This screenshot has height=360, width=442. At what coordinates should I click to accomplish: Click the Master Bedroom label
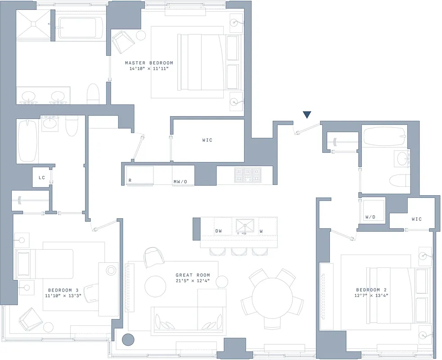(149, 63)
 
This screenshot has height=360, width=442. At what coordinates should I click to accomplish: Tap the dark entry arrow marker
(307, 115)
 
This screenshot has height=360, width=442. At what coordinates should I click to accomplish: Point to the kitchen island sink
(245, 226)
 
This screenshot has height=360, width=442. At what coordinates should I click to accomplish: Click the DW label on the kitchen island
(218, 231)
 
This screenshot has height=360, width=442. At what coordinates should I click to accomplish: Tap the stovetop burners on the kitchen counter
(247, 174)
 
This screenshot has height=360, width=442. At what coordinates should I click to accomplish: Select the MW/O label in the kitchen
(180, 182)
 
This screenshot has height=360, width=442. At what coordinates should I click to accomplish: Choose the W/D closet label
(370, 217)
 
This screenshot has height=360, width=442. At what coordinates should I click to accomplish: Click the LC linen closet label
(41, 178)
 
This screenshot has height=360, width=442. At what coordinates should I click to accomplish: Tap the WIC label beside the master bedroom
(207, 140)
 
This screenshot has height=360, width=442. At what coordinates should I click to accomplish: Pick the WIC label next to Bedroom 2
(416, 219)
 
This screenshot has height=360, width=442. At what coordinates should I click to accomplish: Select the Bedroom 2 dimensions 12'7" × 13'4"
(371, 296)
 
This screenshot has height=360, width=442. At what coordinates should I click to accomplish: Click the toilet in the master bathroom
(93, 93)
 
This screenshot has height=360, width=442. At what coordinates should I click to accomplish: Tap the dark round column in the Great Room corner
(129, 340)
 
